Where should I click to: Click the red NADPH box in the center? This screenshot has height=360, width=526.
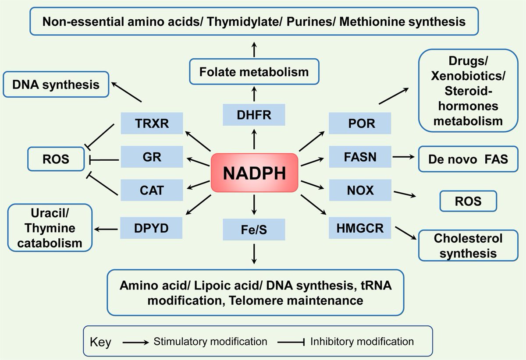[254, 173]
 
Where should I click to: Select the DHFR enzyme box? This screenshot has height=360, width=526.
[254, 115]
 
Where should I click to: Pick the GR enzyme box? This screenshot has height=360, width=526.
[152, 157]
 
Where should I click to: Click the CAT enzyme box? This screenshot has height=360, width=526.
[152, 191]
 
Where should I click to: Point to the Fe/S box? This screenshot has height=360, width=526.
[254, 229]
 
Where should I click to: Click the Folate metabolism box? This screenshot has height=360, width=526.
[254, 71]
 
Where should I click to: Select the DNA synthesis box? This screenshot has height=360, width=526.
[56, 84]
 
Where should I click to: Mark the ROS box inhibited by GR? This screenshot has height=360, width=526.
[56, 159]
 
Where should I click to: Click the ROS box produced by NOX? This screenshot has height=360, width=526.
[468, 201]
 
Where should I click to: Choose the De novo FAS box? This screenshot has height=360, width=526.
[468, 159]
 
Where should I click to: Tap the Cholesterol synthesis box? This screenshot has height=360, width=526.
[468, 246]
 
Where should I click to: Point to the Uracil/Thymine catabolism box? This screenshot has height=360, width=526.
[50, 227]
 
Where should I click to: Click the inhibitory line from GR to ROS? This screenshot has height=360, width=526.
[104, 160]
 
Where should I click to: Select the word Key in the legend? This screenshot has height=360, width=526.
[100, 342]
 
